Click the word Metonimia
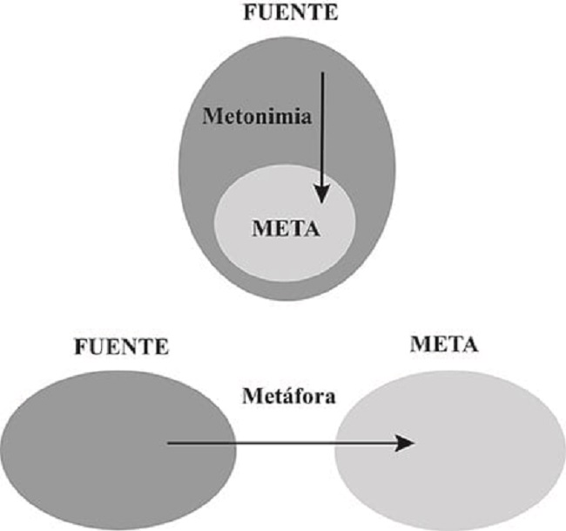pyautogui.click(x=257, y=116)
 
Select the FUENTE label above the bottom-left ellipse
pyautogui.click(x=121, y=348)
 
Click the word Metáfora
pyautogui.click(x=287, y=395)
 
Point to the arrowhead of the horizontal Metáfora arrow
pyautogui.click(x=405, y=443)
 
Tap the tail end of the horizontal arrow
pyautogui.click(x=168, y=443)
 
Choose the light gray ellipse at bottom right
pyautogui.click(x=470, y=453)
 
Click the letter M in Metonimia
pyautogui.click(x=211, y=116)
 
